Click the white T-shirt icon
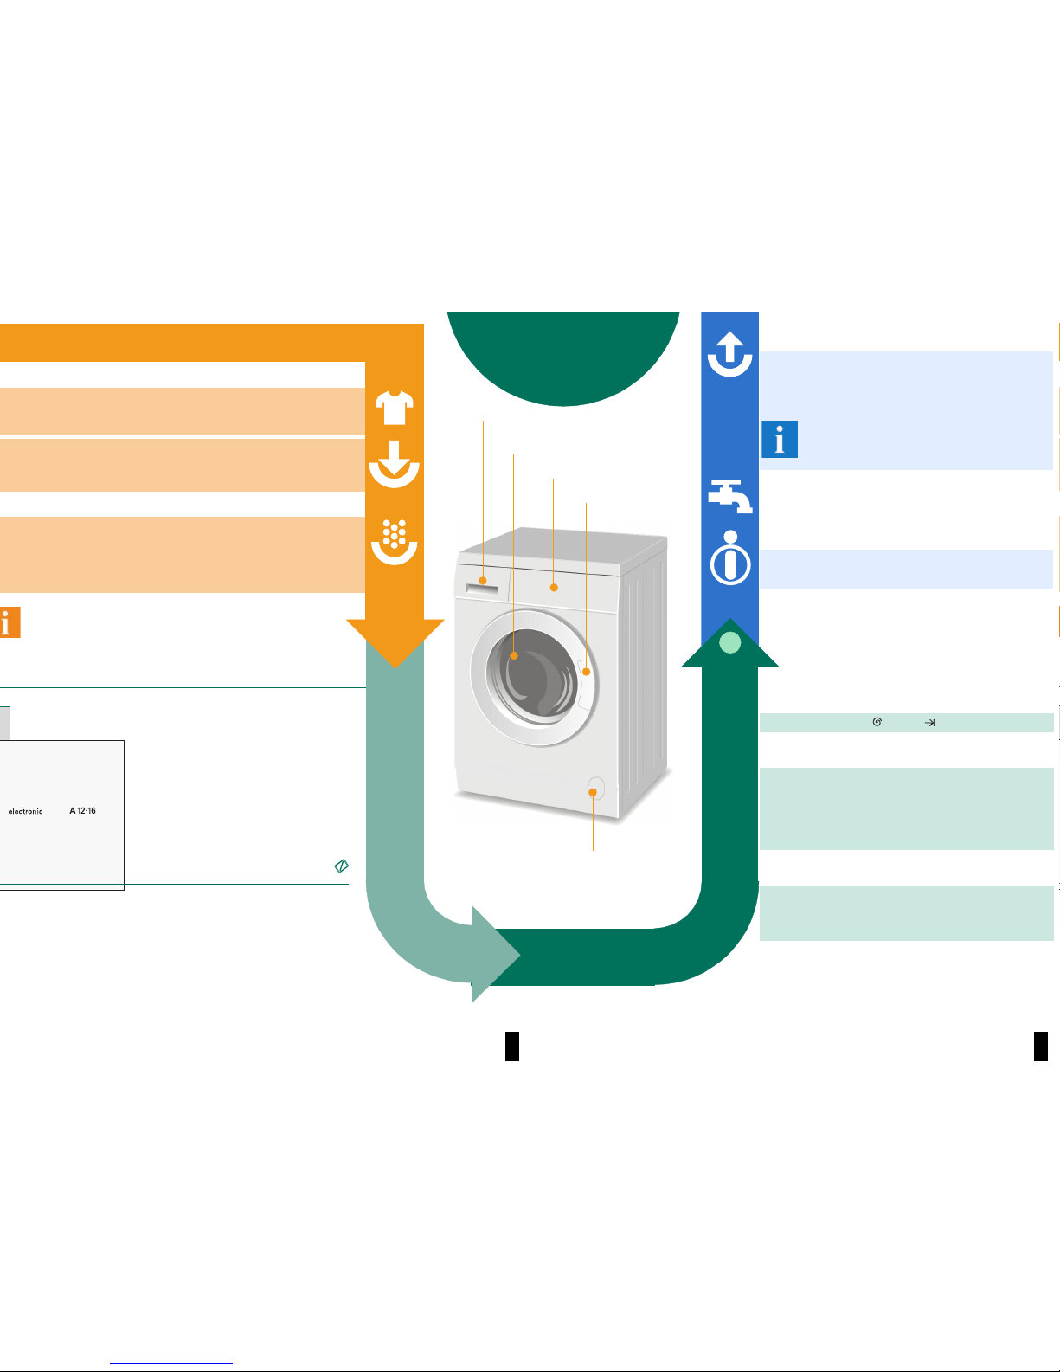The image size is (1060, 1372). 395,408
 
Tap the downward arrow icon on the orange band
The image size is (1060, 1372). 395,464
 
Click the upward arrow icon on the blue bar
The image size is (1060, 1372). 730,354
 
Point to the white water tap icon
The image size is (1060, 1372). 730,496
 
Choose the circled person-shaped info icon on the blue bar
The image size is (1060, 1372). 730,557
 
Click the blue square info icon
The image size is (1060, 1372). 780,439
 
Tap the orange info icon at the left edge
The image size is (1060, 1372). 10,622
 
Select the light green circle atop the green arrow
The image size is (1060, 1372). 730,643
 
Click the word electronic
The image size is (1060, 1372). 25,811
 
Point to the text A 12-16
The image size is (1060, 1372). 83,811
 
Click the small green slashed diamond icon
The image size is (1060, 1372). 341,866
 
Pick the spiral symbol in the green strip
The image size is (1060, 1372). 877,722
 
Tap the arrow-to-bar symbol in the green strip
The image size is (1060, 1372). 929,722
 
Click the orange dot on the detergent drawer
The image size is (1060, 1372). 483,581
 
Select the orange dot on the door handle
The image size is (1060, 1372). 586,672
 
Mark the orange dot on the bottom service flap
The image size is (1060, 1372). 593,792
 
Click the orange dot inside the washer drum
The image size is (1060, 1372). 514,656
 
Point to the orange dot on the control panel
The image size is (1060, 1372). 554,588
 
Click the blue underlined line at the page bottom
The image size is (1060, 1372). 171,1364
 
